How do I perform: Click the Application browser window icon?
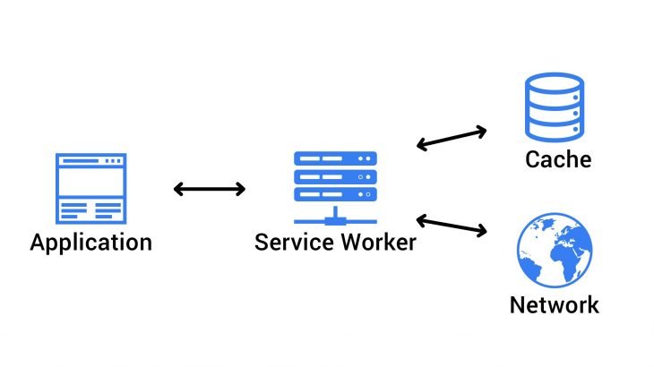click(x=90, y=188)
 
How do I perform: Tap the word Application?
click(x=90, y=242)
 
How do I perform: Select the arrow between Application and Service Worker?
click(x=209, y=189)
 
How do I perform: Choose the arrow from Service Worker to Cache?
click(x=452, y=138)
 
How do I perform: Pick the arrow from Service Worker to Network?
click(x=452, y=226)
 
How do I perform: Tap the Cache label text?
click(x=558, y=160)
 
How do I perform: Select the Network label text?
click(x=555, y=304)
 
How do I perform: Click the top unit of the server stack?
click(x=335, y=158)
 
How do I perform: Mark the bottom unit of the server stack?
click(x=335, y=194)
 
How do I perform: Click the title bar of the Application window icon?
click(x=90, y=160)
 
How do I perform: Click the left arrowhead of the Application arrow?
click(x=177, y=189)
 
